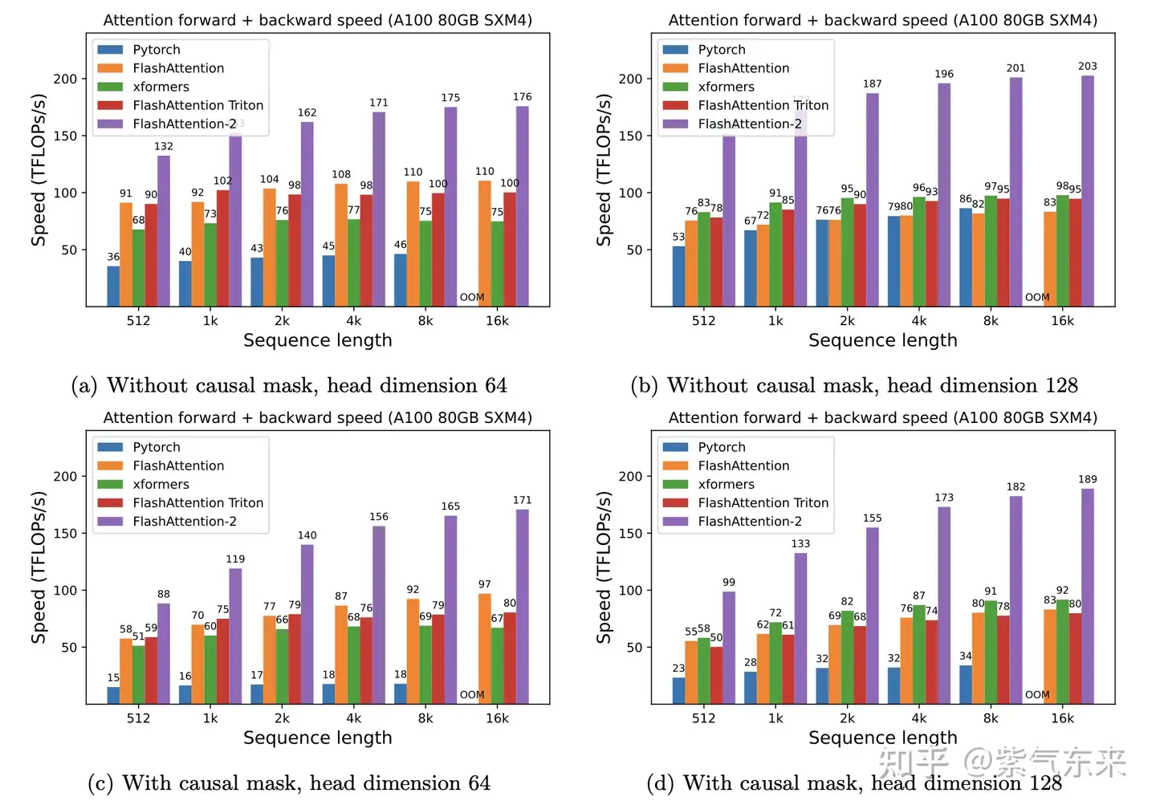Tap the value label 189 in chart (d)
click(x=1088, y=479)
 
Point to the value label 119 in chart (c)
click(x=235, y=559)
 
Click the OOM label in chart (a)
click(x=472, y=297)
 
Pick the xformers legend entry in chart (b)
click(x=725, y=87)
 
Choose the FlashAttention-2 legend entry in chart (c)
click(x=185, y=521)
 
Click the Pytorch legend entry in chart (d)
click(x=721, y=447)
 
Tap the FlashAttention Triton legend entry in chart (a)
click(x=197, y=105)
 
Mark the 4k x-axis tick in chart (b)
click(x=919, y=320)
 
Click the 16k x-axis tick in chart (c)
click(x=497, y=718)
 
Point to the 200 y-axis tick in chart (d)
click(x=630, y=476)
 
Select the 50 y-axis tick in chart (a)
click(x=70, y=250)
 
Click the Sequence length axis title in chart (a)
click(x=318, y=340)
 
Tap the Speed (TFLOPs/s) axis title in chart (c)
click(x=39, y=567)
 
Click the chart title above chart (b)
click(x=883, y=20)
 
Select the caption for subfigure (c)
click(x=289, y=783)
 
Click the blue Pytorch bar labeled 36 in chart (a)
click(x=113, y=286)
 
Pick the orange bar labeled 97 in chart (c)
click(x=485, y=648)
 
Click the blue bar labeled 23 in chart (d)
click(x=679, y=690)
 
